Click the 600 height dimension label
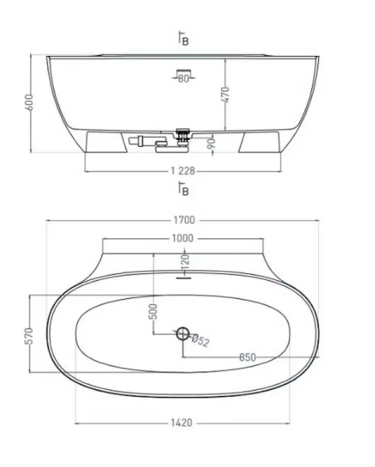[29, 103]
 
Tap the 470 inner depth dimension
[226, 95]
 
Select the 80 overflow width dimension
[184, 79]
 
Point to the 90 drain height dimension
[211, 144]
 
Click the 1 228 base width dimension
[183, 171]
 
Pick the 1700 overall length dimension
[184, 220]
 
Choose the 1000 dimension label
[183, 238]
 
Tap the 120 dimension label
[185, 262]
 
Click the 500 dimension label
[153, 311]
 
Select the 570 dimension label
[29, 336]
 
